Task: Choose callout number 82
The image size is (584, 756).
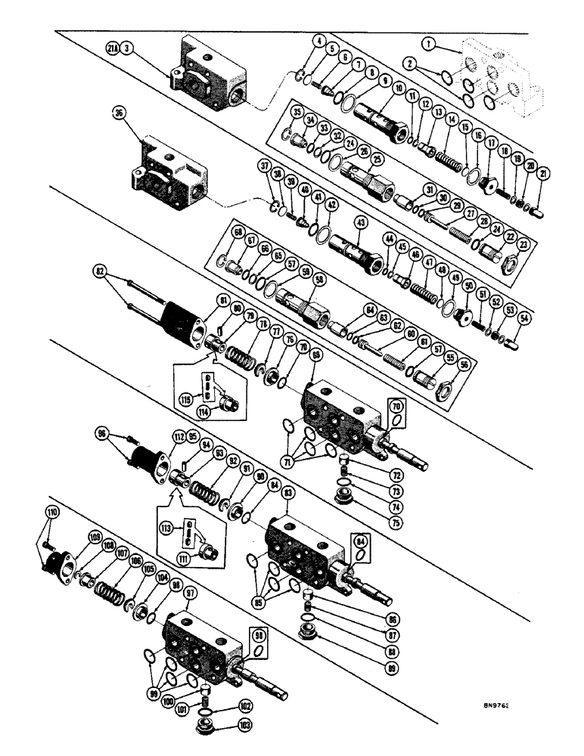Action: coord(101,269)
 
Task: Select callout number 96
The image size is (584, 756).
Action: coord(103,434)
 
